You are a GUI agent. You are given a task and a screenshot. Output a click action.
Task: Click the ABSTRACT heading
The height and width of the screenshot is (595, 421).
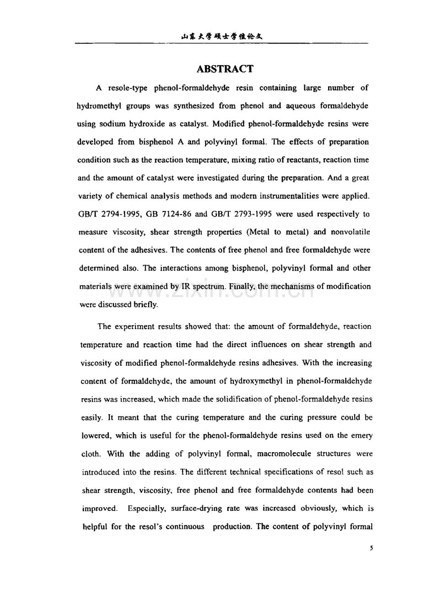tap(224, 69)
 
